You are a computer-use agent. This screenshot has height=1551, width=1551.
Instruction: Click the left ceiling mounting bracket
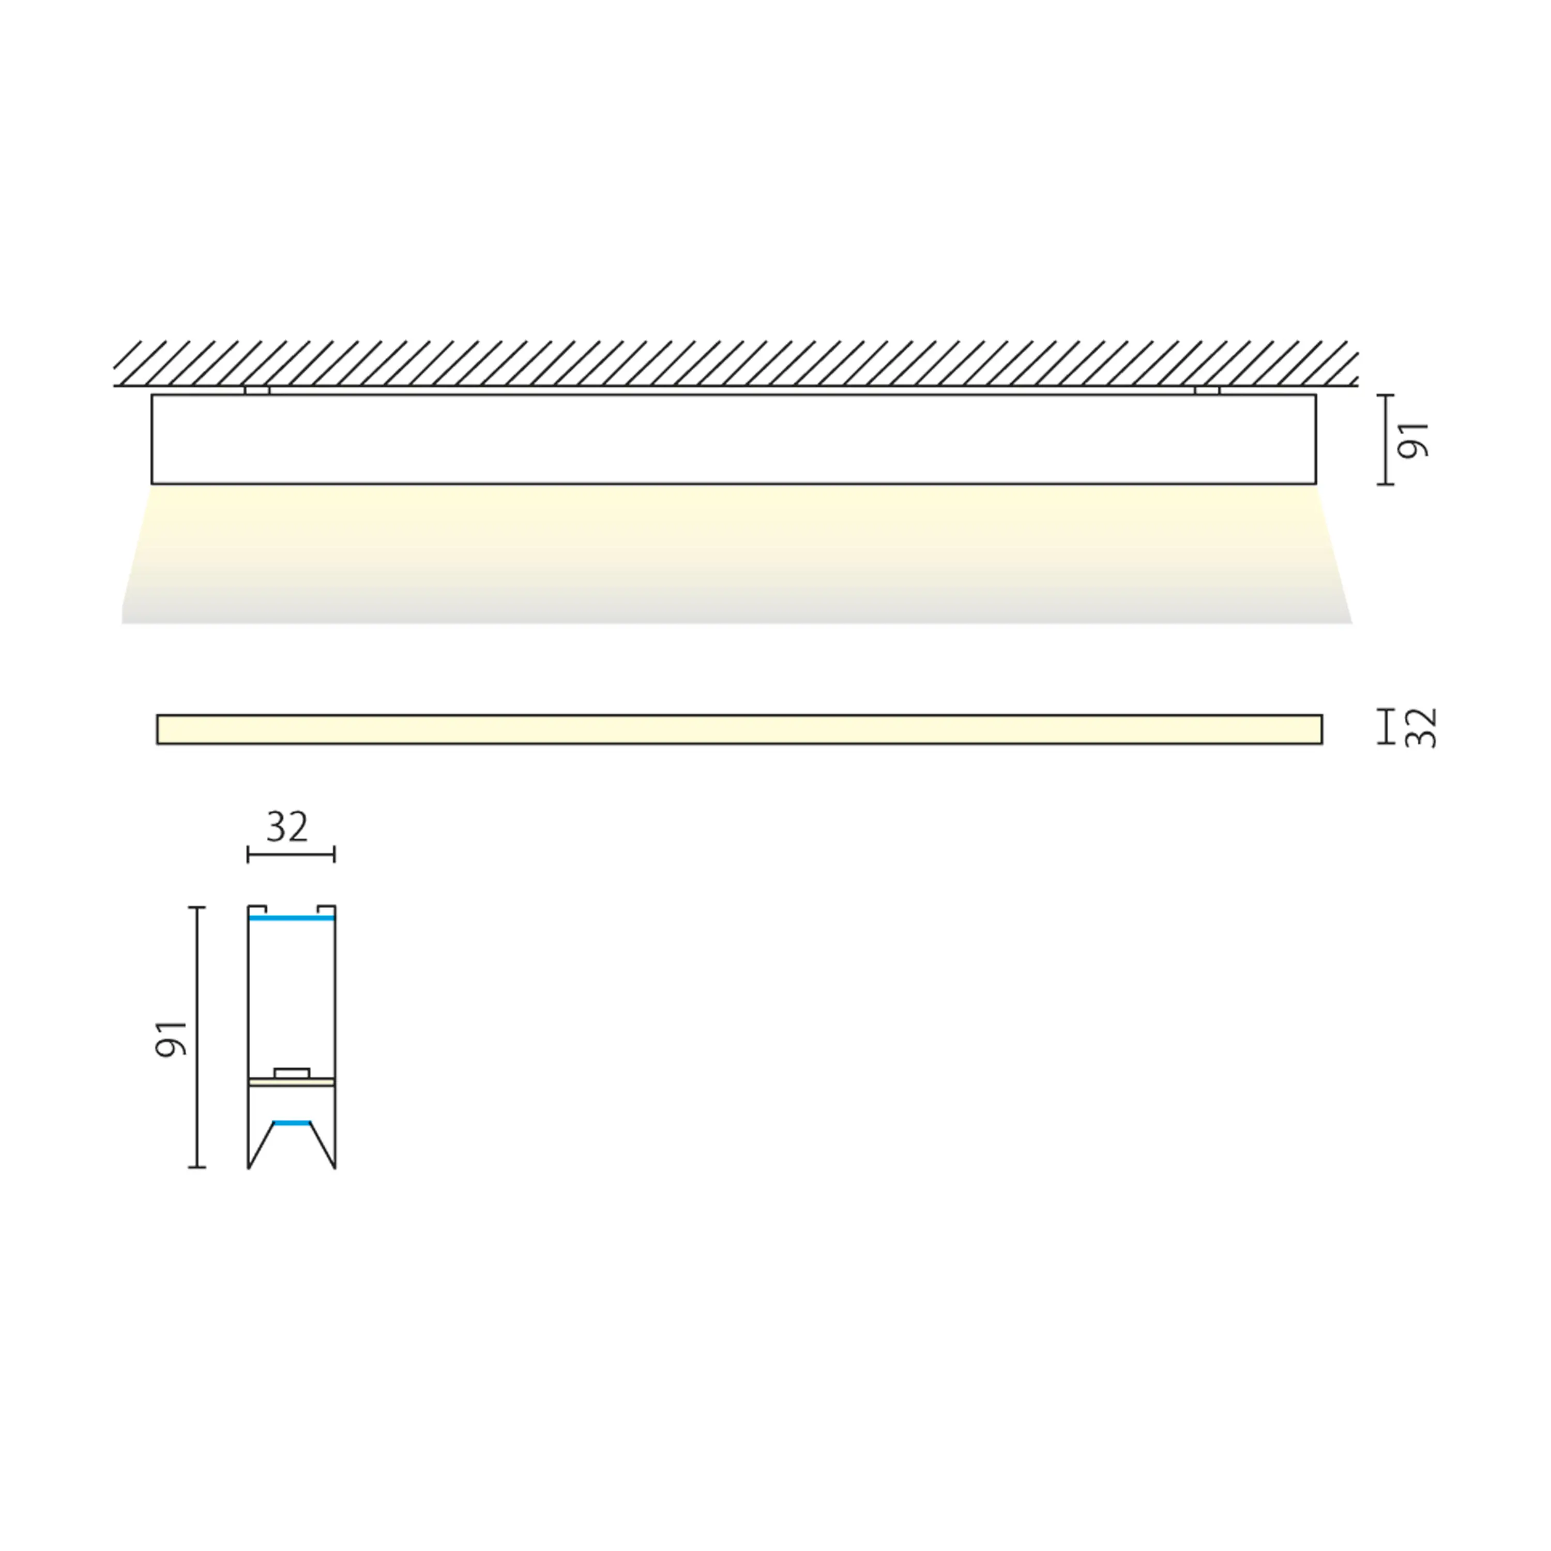(257, 390)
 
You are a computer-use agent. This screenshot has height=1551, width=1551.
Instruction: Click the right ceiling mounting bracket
(1207, 390)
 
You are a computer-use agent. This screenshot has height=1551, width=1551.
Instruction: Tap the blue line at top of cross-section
(292, 917)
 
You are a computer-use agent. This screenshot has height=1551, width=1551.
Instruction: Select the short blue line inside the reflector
(292, 1122)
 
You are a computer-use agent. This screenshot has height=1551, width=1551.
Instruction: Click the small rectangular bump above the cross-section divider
(292, 1073)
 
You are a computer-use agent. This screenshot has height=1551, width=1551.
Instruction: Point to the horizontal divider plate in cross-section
(292, 1082)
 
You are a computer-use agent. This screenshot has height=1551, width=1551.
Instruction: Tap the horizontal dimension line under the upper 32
(291, 855)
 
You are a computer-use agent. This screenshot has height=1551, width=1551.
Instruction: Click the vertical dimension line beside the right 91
(1386, 440)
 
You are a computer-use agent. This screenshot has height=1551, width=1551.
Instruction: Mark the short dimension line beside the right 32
(1386, 726)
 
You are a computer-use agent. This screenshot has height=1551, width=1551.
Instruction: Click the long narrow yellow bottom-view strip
(739, 729)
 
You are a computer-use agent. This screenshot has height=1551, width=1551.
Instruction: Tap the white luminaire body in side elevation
(733, 439)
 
